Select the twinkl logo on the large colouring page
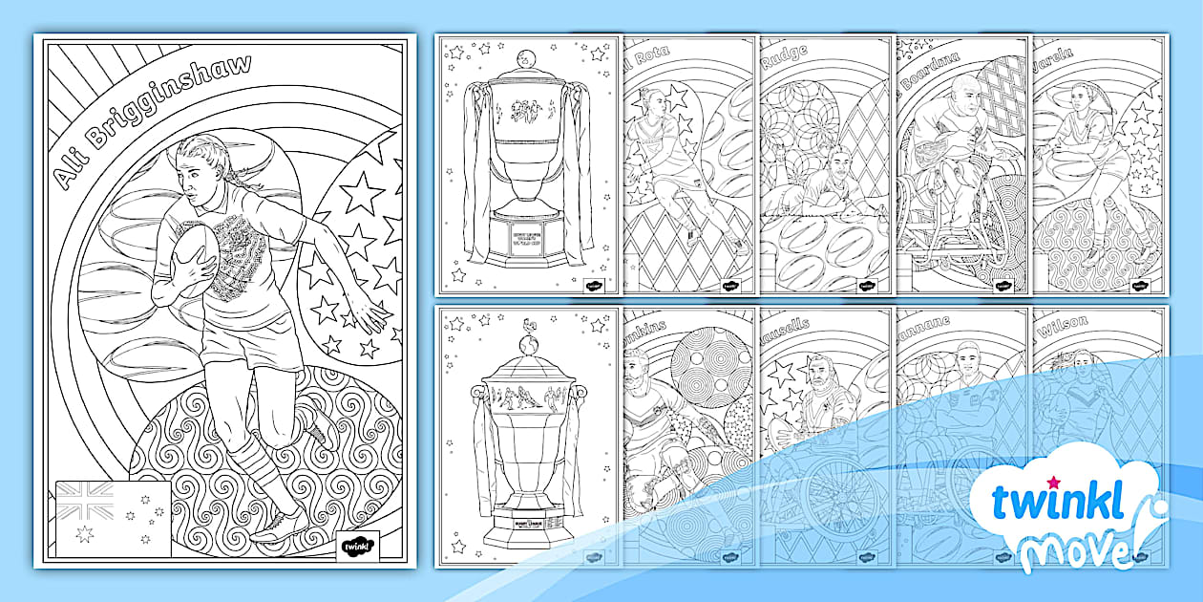(x=359, y=546)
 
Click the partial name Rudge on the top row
(x=786, y=54)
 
